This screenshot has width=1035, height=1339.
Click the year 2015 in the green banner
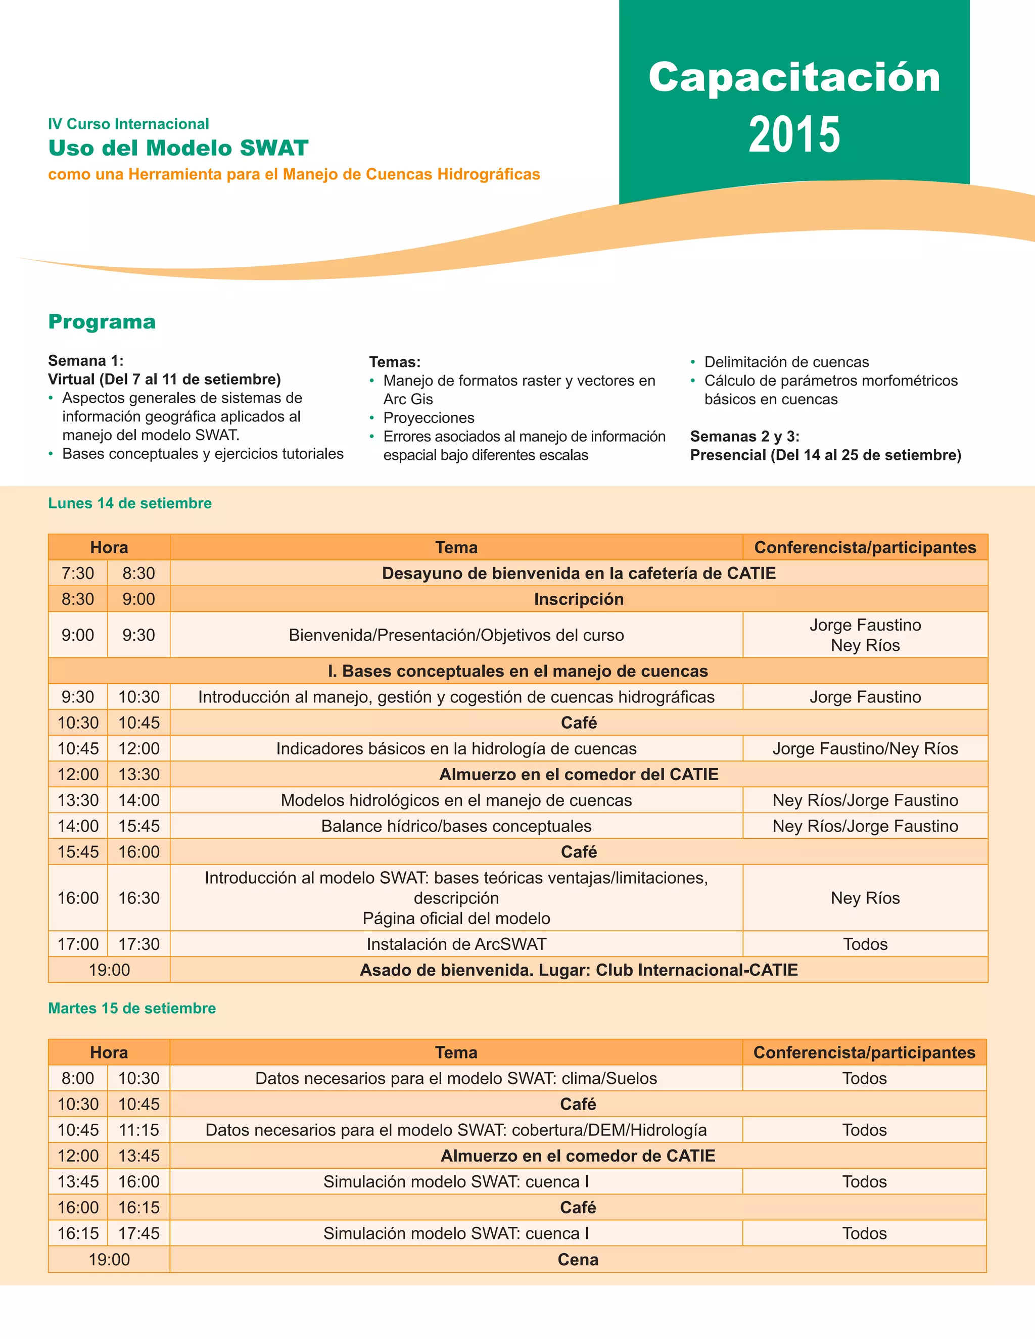click(x=794, y=134)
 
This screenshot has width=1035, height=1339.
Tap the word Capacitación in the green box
click(x=794, y=78)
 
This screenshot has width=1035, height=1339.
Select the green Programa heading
click(x=102, y=322)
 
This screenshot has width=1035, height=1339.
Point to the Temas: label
click(x=395, y=362)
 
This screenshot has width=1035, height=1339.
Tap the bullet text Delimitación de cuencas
click(x=786, y=362)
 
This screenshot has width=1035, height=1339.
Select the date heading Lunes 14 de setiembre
click(x=130, y=503)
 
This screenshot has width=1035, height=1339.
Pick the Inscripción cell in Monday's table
click(x=578, y=599)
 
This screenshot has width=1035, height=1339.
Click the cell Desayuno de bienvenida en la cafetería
click(x=578, y=573)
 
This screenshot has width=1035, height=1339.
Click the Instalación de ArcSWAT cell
click(x=456, y=944)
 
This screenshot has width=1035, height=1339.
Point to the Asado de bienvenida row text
click(x=578, y=970)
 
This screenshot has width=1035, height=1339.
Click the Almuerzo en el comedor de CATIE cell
click(x=578, y=1156)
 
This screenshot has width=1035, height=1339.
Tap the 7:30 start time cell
click(x=78, y=573)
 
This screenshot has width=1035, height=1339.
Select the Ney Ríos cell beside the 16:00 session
click(x=865, y=898)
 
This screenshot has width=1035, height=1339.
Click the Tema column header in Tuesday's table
click(x=456, y=1053)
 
